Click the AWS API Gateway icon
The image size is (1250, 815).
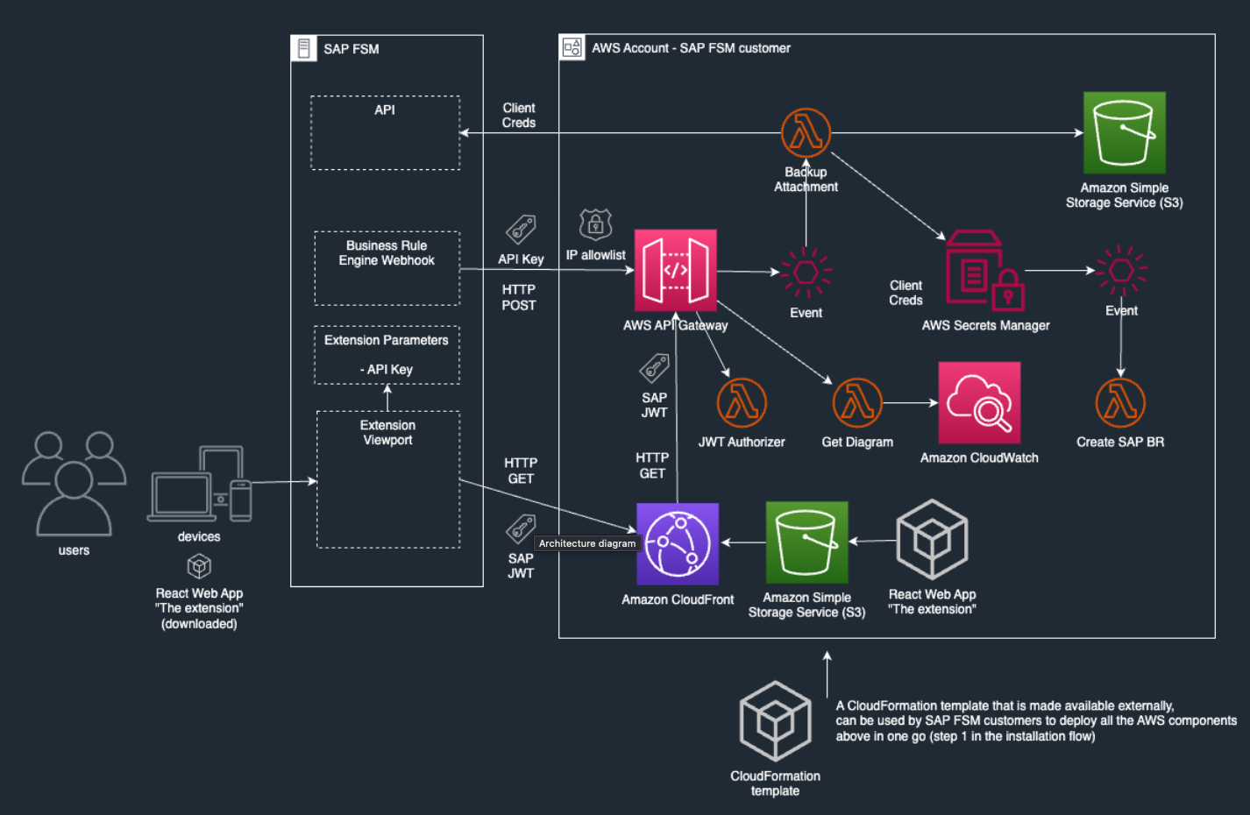pyautogui.click(x=675, y=271)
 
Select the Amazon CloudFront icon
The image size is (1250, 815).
pyautogui.click(x=678, y=544)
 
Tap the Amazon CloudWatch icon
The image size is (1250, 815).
pyautogui.click(x=979, y=403)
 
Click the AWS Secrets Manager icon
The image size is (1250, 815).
pyautogui.click(x=984, y=271)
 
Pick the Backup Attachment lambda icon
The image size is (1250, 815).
pyautogui.click(x=806, y=133)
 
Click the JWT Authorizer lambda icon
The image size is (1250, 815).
pyautogui.click(x=742, y=402)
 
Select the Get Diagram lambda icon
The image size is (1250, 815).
pyautogui.click(x=857, y=402)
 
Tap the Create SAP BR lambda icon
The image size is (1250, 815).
pyautogui.click(x=1120, y=402)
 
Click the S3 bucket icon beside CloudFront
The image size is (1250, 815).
pyautogui.click(x=806, y=542)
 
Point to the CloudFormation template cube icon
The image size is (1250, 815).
pyautogui.click(x=776, y=721)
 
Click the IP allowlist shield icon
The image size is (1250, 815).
pyautogui.click(x=595, y=225)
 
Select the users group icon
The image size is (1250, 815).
pyautogui.click(x=74, y=484)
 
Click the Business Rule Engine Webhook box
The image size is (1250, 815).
pyautogui.click(x=387, y=268)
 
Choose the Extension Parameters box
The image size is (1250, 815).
pyautogui.click(x=387, y=355)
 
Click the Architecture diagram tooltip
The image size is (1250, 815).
pyautogui.click(x=587, y=543)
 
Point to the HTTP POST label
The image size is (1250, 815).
pyautogui.click(x=519, y=297)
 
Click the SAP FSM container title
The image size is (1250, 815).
pyautogui.click(x=352, y=49)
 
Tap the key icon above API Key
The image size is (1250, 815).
pyautogui.click(x=521, y=230)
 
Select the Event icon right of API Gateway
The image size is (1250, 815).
pyautogui.click(x=806, y=272)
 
